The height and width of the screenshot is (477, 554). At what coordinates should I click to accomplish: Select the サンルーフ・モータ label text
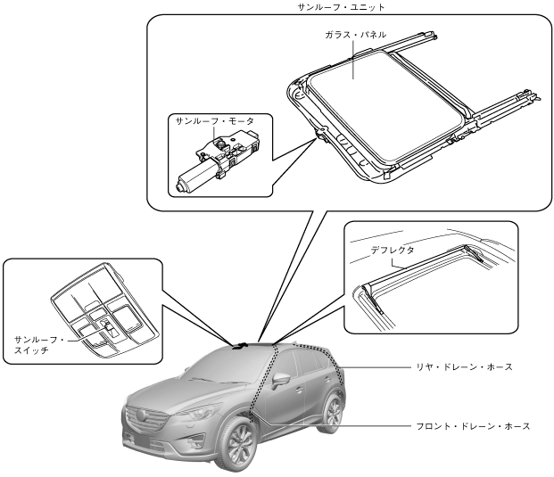click(211, 119)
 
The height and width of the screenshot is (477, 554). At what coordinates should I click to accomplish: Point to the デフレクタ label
click(393, 251)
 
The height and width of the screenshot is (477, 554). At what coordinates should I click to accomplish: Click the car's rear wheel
click(332, 412)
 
